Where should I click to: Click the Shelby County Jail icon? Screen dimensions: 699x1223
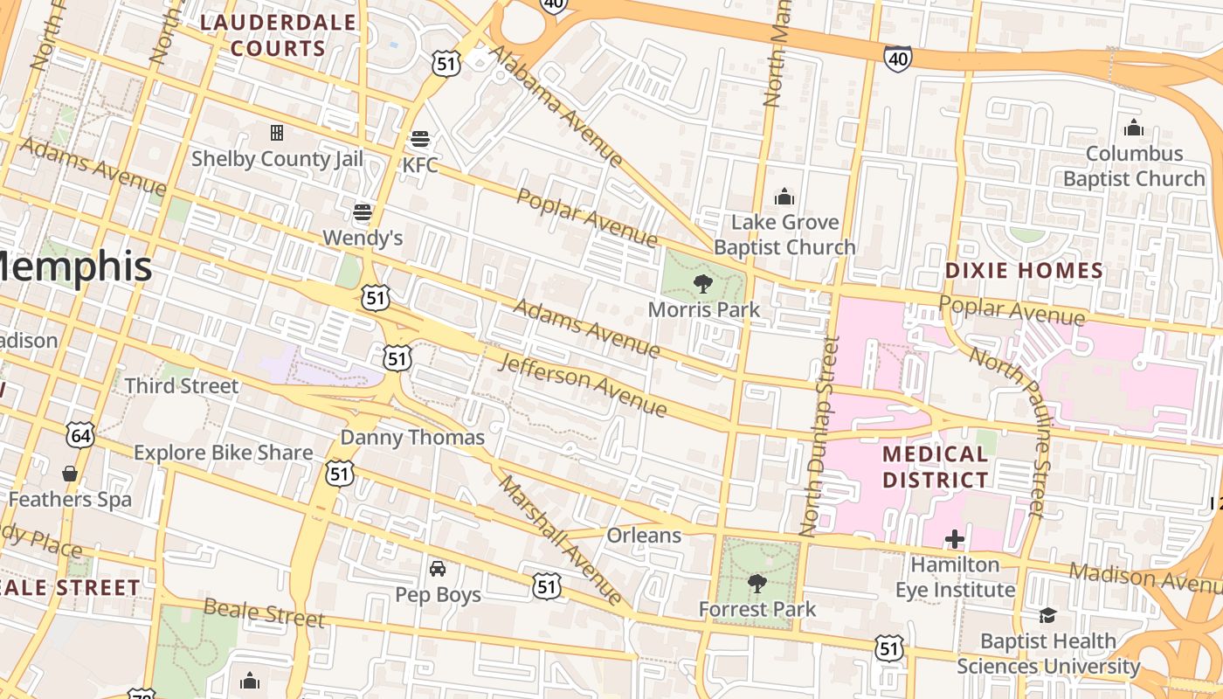tap(277, 133)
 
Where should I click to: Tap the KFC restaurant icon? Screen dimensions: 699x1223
tap(420, 139)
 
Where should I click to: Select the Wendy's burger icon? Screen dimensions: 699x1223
tap(363, 212)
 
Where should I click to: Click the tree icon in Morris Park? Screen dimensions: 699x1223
tap(702, 284)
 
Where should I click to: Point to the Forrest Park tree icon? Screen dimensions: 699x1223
tap(757, 583)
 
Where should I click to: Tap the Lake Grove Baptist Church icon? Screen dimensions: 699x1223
tap(784, 196)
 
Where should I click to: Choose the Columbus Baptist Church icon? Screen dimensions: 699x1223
tap(1134, 128)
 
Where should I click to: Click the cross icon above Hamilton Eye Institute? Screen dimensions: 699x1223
tap(955, 539)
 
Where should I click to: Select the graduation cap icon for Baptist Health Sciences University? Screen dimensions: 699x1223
tap(1047, 616)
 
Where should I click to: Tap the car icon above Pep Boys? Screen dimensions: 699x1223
tap(438, 569)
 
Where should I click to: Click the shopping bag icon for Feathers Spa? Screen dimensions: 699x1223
tap(70, 474)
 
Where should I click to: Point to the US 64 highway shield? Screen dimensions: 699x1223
tap(80, 435)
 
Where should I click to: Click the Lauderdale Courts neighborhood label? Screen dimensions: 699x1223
tap(279, 35)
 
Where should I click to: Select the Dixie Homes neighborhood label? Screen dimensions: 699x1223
tap(1024, 270)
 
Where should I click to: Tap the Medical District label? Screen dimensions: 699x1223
tap(935, 467)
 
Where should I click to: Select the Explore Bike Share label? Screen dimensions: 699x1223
tap(223, 453)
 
